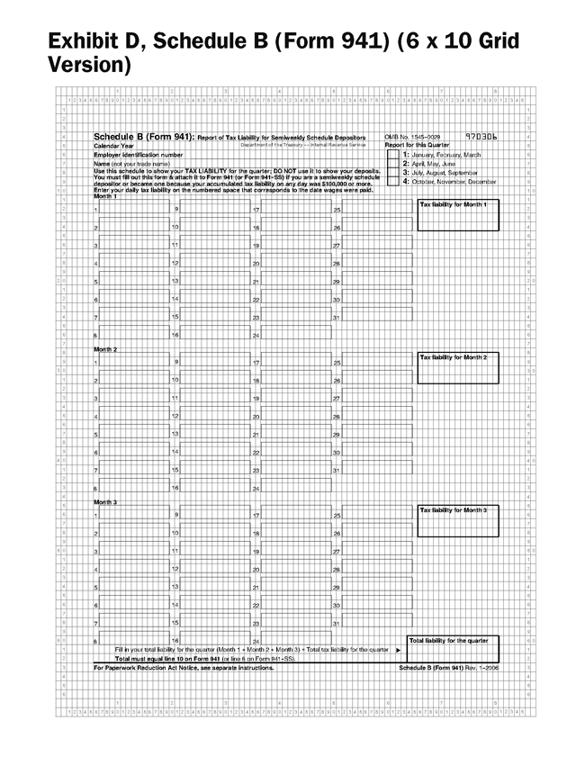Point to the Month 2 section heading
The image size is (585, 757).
(106, 349)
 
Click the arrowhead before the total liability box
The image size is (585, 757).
(398, 649)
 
